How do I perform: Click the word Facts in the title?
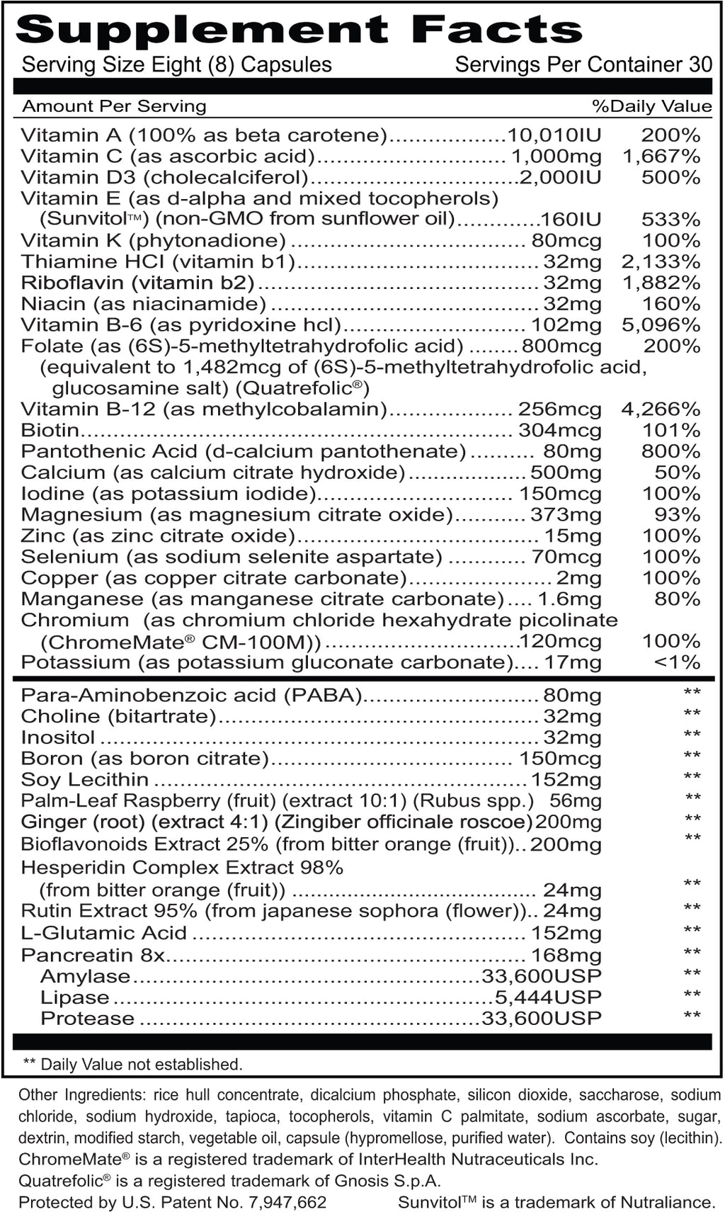coord(497,30)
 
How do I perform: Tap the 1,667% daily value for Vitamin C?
coord(661,156)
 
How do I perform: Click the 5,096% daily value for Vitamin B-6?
coord(661,325)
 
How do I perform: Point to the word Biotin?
coord(50,430)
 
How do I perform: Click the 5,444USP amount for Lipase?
coord(548,997)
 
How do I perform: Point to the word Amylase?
coord(86,976)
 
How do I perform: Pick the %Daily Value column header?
coord(652,106)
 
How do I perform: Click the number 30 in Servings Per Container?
coord(700,64)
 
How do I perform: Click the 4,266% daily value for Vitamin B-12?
coord(661,409)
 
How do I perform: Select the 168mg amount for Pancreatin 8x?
coord(566,955)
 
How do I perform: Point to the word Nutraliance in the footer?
coord(667,1202)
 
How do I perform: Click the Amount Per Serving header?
coord(114,106)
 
